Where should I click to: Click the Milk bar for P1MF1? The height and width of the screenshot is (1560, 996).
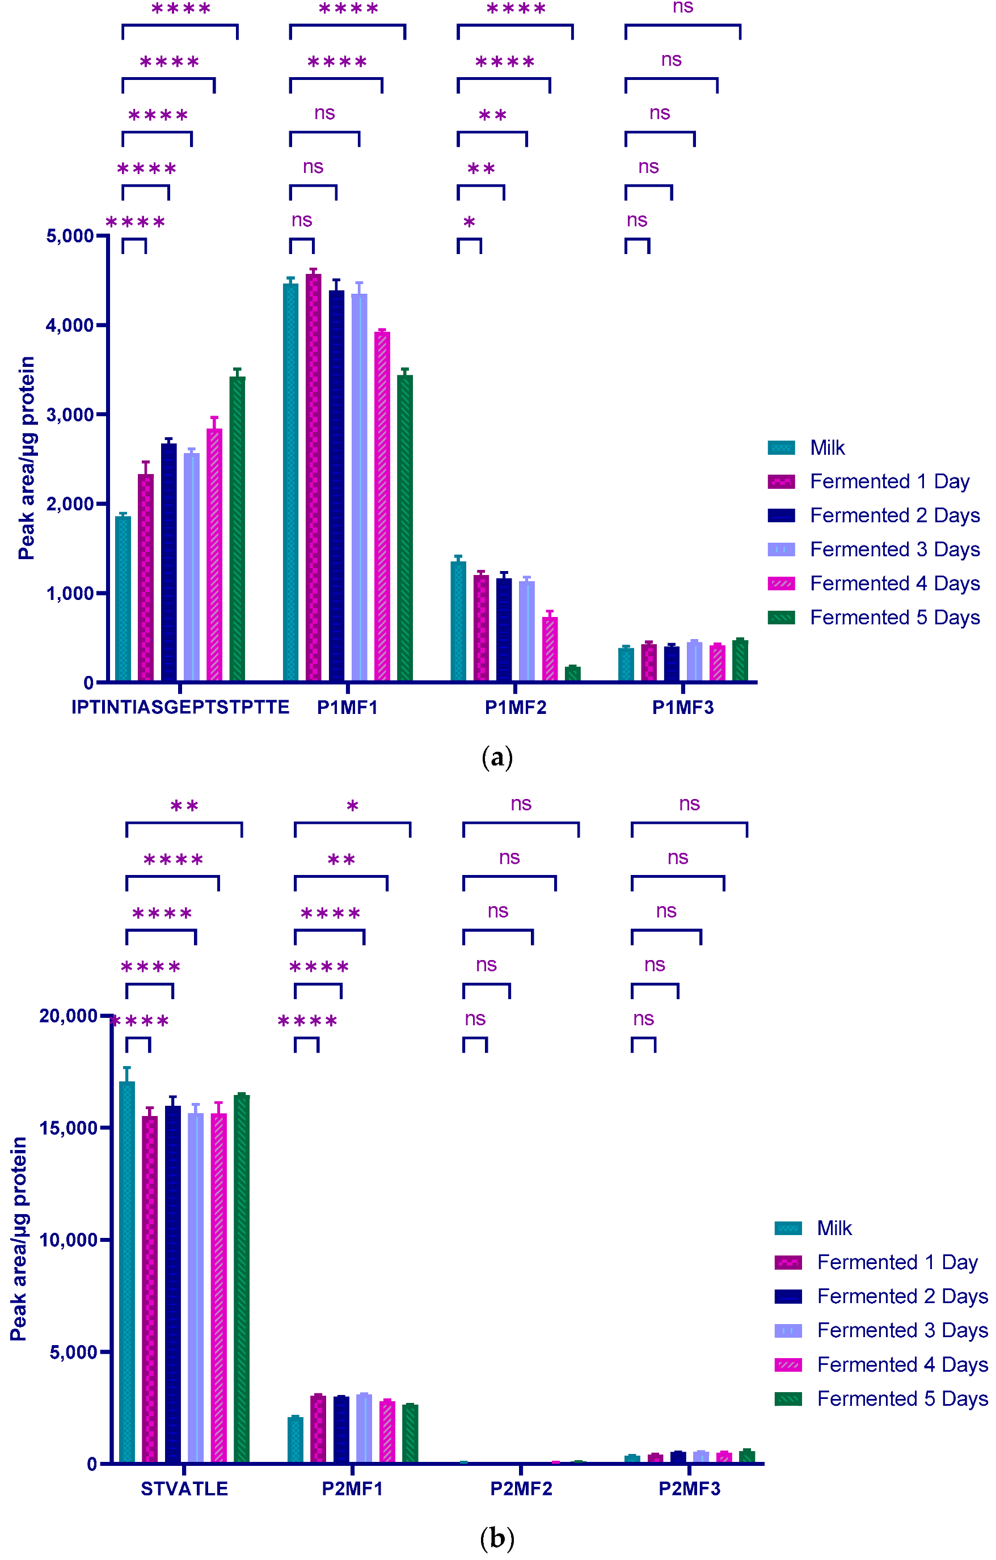(290, 483)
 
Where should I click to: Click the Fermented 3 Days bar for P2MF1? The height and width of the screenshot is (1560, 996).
(364, 1428)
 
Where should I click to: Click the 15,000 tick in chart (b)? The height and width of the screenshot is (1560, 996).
(68, 1128)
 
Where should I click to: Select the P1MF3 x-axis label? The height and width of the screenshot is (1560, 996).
(682, 708)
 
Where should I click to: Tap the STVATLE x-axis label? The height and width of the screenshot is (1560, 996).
(184, 1489)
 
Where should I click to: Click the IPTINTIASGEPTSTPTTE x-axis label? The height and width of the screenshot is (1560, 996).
(180, 708)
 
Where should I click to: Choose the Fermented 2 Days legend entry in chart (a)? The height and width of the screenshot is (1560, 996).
(894, 515)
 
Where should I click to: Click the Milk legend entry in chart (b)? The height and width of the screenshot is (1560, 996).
(834, 1228)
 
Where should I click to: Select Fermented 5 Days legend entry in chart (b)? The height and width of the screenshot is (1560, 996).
(902, 1399)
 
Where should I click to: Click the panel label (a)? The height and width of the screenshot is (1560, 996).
(497, 758)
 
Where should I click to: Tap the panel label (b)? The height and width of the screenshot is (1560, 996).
(497, 1538)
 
